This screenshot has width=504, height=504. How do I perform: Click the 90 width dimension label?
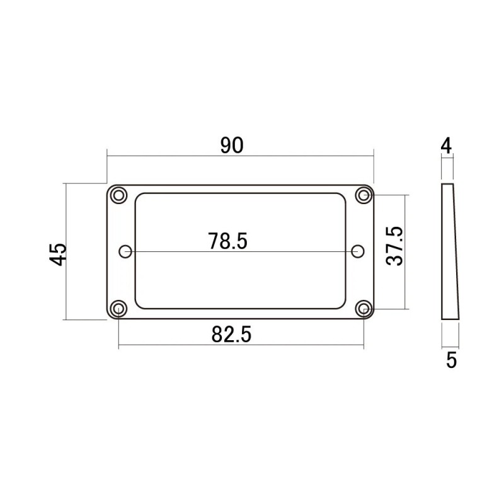[232, 146]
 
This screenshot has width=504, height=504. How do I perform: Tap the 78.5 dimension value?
[228, 241]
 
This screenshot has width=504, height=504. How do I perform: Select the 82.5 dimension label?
[231, 335]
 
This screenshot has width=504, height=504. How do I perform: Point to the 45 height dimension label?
[59, 253]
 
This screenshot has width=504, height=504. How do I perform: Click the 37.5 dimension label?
[396, 247]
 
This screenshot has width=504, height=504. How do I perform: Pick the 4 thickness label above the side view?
[446, 146]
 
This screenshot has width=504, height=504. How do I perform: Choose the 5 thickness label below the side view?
[451, 360]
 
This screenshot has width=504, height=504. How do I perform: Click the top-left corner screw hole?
[118, 195]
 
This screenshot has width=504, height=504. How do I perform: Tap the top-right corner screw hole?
[364, 195]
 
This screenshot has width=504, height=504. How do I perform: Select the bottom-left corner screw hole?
[118, 309]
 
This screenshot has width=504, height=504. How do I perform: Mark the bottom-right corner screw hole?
[364, 309]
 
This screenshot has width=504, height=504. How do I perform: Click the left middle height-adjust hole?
[125, 251]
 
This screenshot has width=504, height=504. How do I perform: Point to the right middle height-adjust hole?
[358, 251]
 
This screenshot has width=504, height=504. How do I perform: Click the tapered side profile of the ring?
[450, 252]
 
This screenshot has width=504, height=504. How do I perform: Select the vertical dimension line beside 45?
[66, 283]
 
